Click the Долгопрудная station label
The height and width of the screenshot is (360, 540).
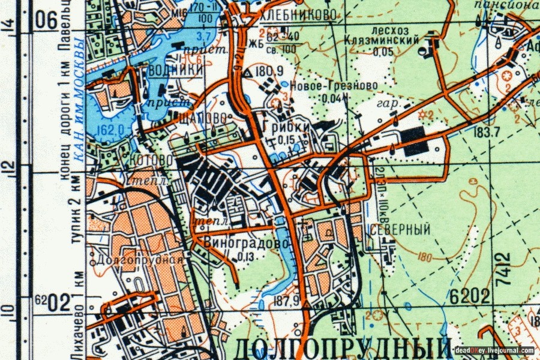139,260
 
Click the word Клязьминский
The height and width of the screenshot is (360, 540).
382,40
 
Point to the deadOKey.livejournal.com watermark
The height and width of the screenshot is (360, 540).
494,350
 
